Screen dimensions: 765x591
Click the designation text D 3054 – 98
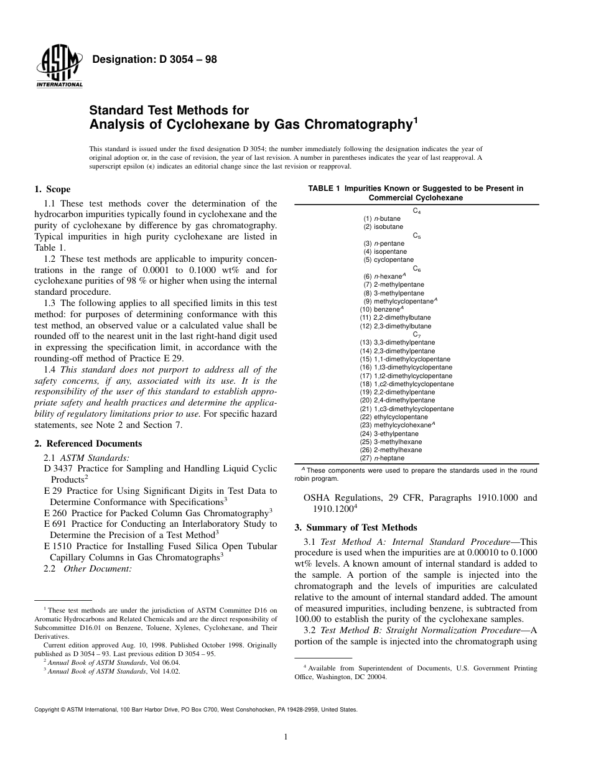[154, 60]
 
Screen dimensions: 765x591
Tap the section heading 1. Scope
[52, 189]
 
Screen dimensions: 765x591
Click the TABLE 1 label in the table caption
[325, 188]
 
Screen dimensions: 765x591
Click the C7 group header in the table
[417, 334]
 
